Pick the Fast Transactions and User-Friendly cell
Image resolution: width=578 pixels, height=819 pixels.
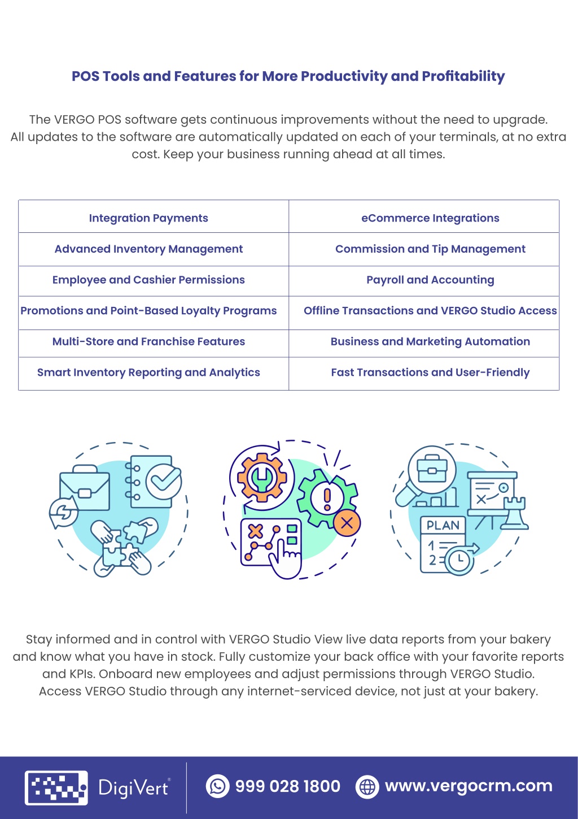click(424, 373)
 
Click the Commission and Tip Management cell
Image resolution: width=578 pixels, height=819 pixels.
click(424, 249)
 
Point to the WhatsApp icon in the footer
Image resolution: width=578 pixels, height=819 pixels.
click(218, 786)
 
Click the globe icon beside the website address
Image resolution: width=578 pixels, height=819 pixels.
click(367, 786)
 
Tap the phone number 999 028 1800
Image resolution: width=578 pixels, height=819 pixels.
click(288, 786)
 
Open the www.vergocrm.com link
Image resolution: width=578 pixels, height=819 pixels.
click(469, 786)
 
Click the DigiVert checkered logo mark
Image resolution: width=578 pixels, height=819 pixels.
click(56, 788)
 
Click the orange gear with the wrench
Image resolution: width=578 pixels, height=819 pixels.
click(262, 477)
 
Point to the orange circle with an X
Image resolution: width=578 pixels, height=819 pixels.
click(347, 523)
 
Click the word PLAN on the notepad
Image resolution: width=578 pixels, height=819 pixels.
click(443, 526)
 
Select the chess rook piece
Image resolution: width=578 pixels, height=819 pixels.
click(514, 513)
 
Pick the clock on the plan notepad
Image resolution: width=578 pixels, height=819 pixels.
click(459, 560)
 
